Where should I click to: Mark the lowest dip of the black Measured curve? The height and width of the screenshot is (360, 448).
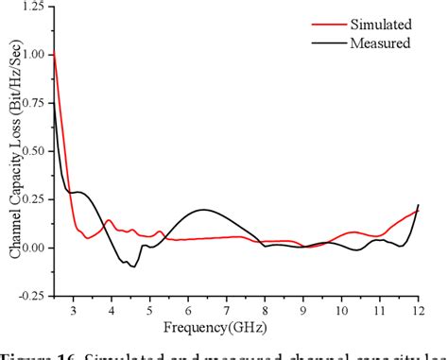point(133,266)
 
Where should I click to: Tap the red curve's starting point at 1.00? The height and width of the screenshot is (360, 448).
point(55,54)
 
